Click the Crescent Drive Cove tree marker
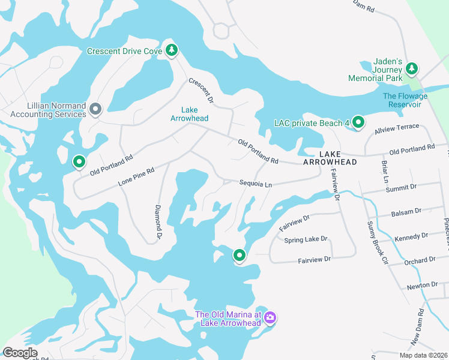172,50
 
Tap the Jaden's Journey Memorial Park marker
411,69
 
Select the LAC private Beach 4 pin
358,122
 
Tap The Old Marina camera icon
270,317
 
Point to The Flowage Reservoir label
405,100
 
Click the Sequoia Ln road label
256,184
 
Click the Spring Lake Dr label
306,239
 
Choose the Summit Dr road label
401,188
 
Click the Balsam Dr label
406,211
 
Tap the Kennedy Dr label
411,237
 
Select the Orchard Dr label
420,260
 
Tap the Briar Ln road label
384,172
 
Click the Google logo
20,353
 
